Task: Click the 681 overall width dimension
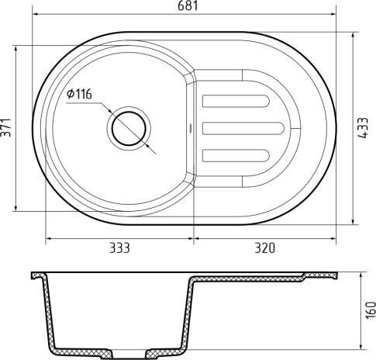point(191,7)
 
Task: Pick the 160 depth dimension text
point(369,310)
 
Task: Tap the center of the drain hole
point(129,128)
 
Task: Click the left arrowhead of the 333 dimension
point(49,237)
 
